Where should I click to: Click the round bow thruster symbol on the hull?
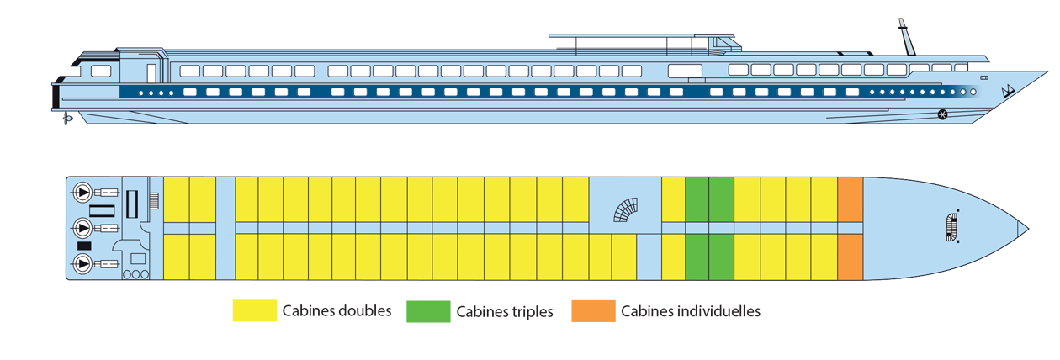(x=942, y=114)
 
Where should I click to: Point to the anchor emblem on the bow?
(x=1005, y=90)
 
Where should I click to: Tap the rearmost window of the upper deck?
(x=101, y=71)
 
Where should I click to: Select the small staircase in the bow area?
(x=951, y=227)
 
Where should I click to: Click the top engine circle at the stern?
(x=82, y=191)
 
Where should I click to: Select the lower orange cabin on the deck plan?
(x=851, y=256)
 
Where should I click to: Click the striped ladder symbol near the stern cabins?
(x=154, y=201)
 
